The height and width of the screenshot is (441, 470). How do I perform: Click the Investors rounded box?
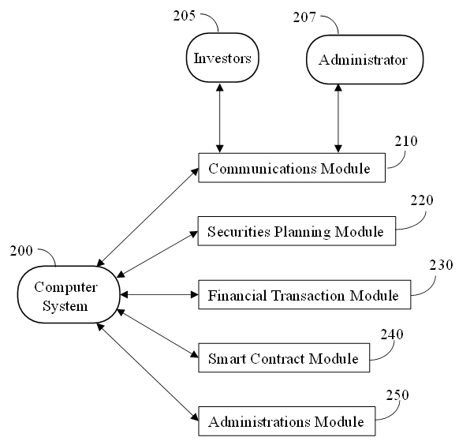click(222, 58)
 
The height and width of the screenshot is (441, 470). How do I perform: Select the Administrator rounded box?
click(365, 59)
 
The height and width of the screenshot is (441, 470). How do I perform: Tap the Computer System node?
click(69, 294)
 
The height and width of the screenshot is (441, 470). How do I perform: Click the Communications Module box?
click(292, 168)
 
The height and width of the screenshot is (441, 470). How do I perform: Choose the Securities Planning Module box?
click(297, 231)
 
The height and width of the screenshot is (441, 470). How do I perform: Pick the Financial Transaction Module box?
click(304, 295)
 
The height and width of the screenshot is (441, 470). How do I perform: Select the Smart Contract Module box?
click(284, 358)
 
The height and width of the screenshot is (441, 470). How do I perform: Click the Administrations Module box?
click(286, 421)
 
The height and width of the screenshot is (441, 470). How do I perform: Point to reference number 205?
click(184, 16)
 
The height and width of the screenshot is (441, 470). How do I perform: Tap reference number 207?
click(304, 17)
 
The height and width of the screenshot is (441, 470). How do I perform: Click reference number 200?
click(21, 251)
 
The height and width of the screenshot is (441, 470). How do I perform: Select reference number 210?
click(406, 141)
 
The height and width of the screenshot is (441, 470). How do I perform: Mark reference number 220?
click(422, 200)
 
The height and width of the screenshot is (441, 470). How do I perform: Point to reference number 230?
click(441, 265)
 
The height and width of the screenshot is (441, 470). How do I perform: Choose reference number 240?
click(392, 334)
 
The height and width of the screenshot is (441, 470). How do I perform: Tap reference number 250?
click(397, 395)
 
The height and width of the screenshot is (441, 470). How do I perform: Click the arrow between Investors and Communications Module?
click(220, 118)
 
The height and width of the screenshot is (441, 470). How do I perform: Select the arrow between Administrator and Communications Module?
click(338, 118)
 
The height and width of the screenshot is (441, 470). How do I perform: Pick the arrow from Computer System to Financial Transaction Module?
click(159, 295)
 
